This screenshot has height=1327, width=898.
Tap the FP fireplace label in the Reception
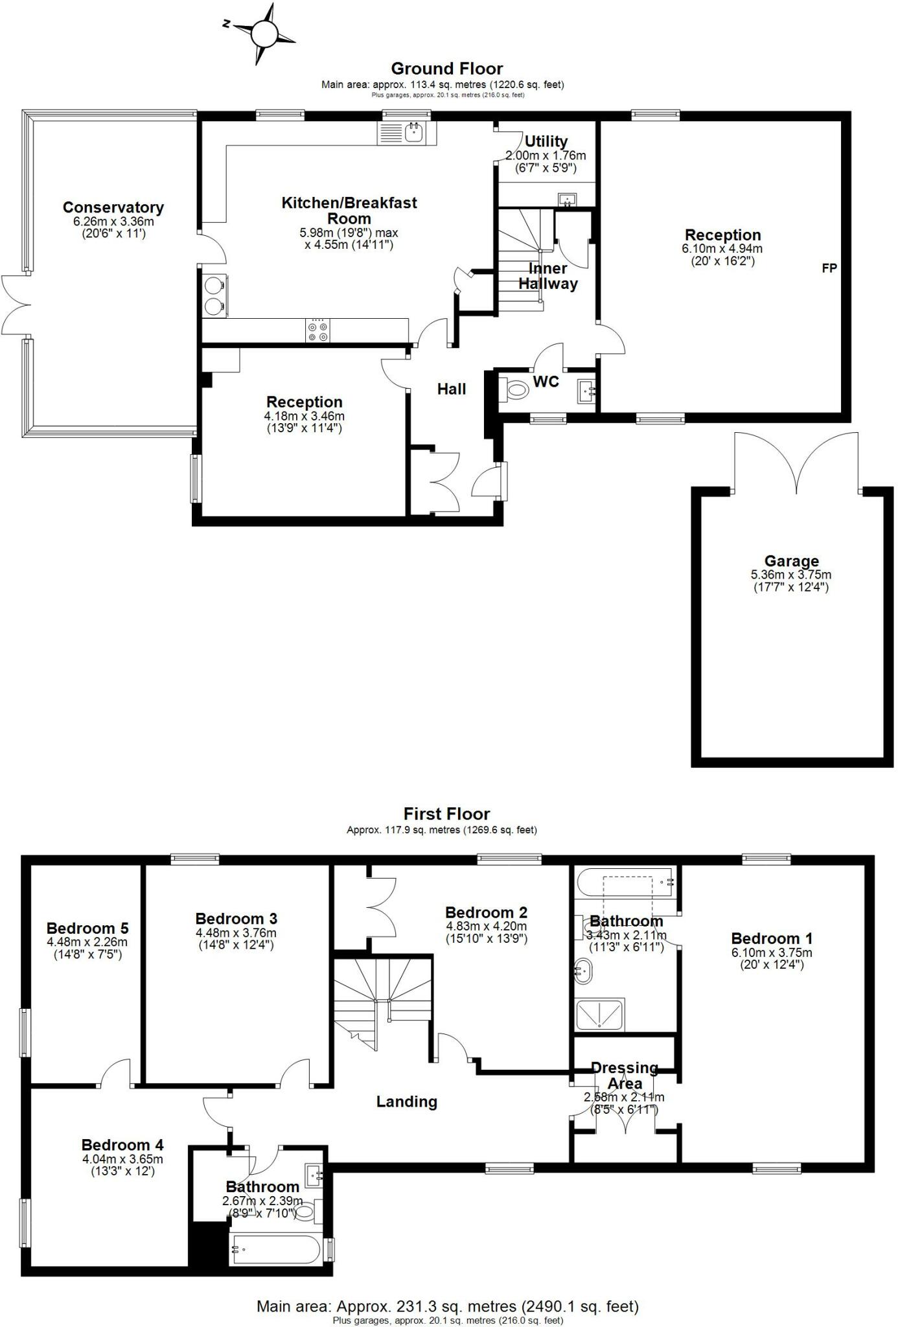tap(829, 268)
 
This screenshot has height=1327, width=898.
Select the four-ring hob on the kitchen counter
tap(317, 330)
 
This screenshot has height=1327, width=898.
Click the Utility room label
tap(546, 141)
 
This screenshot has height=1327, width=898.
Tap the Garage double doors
tap(796, 463)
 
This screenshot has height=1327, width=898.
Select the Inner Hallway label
tap(547, 276)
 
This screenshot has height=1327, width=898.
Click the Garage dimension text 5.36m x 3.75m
tap(790, 575)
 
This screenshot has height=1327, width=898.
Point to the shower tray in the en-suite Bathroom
tap(600, 1015)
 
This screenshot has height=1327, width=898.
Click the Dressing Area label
tap(625, 1076)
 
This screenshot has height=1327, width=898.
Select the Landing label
tap(406, 1102)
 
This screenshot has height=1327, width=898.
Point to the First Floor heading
tap(446, 814)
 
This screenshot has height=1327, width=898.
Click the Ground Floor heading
tap(446, 69)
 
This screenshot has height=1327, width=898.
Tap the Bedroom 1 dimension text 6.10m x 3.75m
tap(771, 952)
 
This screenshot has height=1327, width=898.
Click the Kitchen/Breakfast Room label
tap(349, 211)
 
